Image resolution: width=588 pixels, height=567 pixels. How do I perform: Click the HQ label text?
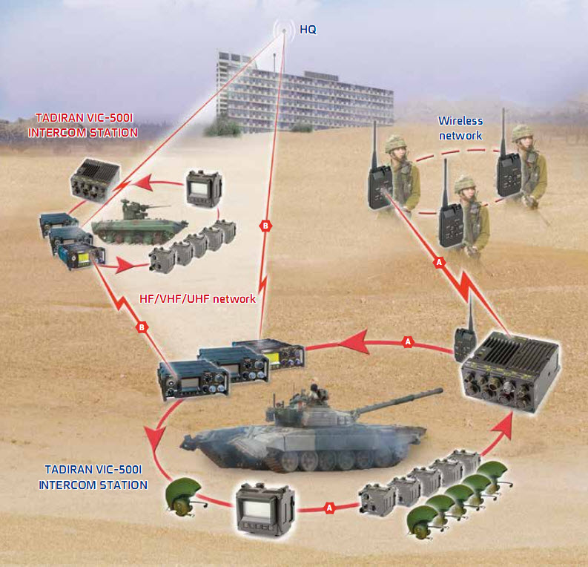[308, 30]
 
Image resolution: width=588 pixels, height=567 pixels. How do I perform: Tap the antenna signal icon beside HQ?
[284, 30]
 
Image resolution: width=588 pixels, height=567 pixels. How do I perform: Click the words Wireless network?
[460, 128]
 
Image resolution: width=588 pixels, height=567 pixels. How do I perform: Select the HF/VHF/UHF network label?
[197, 298]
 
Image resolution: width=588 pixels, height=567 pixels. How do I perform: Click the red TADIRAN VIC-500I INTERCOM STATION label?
[83, 125]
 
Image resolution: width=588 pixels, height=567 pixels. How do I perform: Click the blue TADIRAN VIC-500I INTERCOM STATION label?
[93, 477]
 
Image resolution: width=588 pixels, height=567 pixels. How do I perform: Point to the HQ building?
[305, 94]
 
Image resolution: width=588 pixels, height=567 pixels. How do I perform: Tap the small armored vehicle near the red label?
[139, 223]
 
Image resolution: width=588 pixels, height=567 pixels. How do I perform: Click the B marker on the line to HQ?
[265, 226]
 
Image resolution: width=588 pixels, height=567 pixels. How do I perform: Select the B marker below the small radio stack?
[142, 327]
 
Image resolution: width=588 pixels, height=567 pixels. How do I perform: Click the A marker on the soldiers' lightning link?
[439, 262]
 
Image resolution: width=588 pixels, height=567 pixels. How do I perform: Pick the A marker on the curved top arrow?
[408, 341]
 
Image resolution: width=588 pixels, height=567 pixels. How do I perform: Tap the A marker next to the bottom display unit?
[329, 508]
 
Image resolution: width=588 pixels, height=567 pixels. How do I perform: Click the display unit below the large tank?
[265, 508]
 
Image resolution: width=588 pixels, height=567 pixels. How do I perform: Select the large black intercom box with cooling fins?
[510, 372]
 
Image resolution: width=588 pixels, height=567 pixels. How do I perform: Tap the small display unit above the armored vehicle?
[204, 189]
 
